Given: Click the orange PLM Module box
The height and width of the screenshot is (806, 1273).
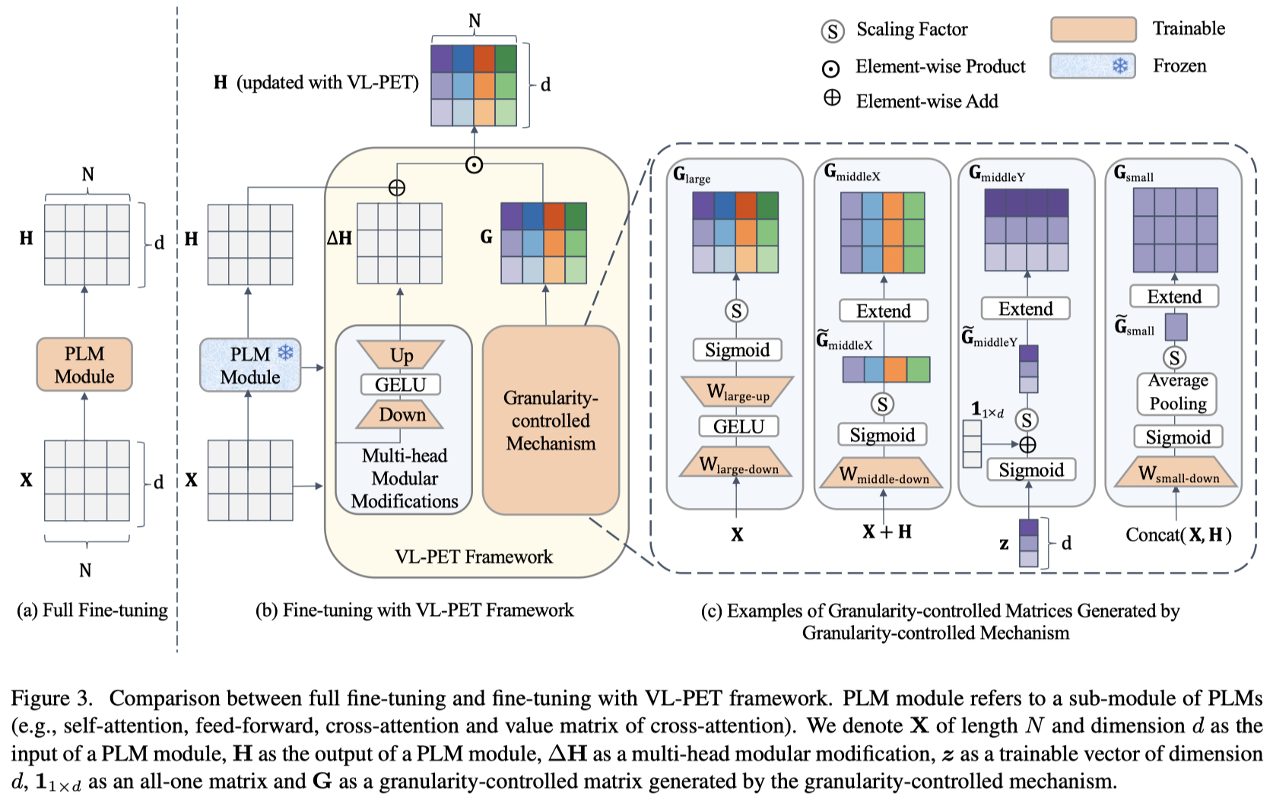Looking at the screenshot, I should pos(84,365).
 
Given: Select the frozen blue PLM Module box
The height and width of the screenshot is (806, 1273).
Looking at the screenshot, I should pos(250,366).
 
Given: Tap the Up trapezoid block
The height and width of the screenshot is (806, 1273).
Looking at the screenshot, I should pos(401,355).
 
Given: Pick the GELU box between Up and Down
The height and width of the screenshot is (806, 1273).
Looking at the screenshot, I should pos(401,385).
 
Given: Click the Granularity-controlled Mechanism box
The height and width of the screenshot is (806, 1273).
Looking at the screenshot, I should pos(551,420).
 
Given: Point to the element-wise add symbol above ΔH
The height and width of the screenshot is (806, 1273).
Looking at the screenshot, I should pos(396,187).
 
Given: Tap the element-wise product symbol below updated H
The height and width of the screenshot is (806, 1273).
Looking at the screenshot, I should pos(474,164).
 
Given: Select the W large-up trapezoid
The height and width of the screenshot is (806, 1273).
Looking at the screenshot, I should pos(737,392).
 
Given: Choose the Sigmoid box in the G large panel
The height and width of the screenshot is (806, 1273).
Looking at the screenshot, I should pos(737,350).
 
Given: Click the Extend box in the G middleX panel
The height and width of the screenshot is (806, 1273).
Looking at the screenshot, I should pos(883,311).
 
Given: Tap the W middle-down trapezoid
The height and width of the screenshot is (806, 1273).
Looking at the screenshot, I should pos(883,475).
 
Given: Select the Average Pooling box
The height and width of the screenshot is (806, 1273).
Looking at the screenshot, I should pos(1177,392).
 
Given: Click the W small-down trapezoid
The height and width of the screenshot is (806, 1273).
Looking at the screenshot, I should pos(1177,474).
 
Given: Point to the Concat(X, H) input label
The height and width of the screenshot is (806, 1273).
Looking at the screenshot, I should pos(1178,535).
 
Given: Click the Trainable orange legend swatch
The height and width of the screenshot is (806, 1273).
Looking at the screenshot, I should pos(1093,30).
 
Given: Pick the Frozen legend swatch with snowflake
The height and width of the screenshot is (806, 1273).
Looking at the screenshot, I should pos(1093,66).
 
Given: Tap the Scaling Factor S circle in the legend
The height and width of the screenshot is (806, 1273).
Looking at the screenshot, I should pos(833,31).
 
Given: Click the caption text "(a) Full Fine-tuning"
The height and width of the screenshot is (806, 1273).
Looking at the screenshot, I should pos(92,611).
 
